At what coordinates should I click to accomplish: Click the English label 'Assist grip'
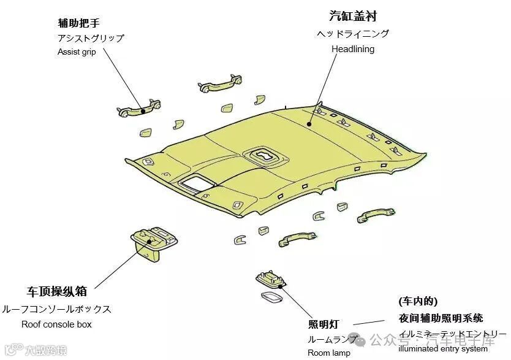[77, 52]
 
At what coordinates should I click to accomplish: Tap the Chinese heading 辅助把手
[78, 23]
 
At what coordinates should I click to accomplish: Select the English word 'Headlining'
[352, 49]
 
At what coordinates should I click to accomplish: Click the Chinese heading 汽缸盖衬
[352, 15]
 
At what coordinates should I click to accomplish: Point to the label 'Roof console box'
[56, 324]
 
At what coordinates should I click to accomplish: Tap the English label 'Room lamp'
[329, 353]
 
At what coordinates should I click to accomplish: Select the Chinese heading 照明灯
[324, 324]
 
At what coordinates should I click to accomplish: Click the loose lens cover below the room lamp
[269, 298]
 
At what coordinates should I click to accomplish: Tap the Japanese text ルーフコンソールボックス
[56, 309]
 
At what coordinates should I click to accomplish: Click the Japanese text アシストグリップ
[91, 38]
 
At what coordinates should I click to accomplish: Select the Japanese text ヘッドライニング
[352, 34]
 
